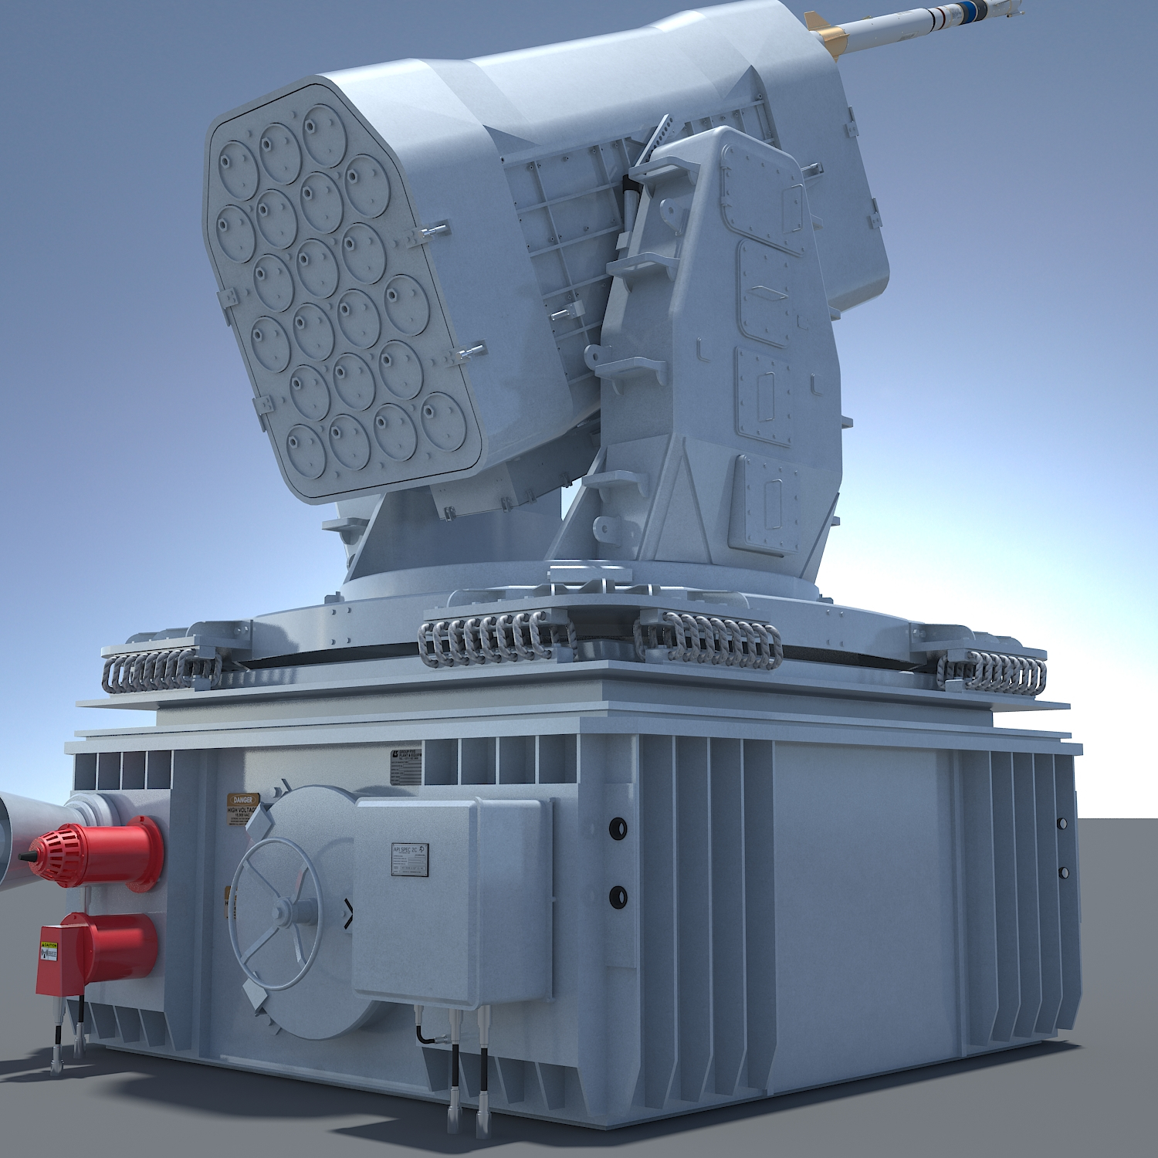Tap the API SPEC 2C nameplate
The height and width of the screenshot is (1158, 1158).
click(x=409, y=859)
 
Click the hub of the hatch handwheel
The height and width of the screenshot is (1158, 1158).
click(x=283, y=911)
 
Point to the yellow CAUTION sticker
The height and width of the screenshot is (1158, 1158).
click(x=49, y=951)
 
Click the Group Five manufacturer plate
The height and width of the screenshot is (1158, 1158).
click(x=406, y=766)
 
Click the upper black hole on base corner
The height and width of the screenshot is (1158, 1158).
click(x=618, y=828)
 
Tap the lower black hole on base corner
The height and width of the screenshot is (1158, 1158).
click(x=618, y=896)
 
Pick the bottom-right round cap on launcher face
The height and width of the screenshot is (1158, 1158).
click(x=444, y=421)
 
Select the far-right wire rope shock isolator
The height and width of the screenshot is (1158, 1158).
click(x=996, y=672)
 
